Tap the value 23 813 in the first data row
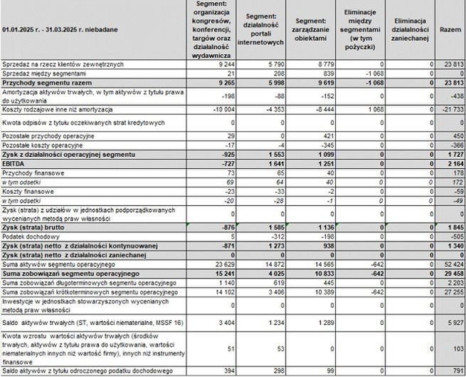[452, 64]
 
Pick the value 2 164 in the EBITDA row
[453, 163]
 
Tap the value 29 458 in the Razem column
[452, 274]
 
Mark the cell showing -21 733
[452, 109]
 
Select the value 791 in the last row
[456, 371]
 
